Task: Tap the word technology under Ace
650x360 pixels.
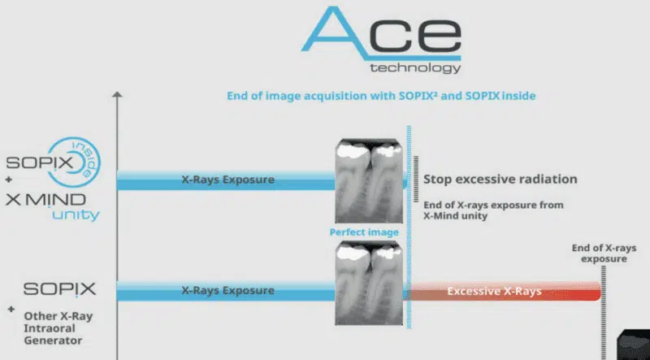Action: click(415, 67)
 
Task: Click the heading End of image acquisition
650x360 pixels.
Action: click(381, 96)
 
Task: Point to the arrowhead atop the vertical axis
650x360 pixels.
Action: click(117, 94)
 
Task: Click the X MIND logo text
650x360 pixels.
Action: click(45, 200)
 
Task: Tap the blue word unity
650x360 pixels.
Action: click(76, 215)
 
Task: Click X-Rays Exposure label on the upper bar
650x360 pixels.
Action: click(228, 180)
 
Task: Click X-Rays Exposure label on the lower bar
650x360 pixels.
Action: click(228, 290)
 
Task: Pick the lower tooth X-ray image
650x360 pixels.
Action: click(369, 284)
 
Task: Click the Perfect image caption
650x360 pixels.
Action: click(364, 232)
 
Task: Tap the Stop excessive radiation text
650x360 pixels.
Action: click(500, 179)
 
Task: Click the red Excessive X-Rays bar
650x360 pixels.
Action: click(505, 291)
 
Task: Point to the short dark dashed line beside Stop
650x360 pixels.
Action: click(416, 179)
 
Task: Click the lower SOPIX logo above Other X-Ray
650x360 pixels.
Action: click(59, 289)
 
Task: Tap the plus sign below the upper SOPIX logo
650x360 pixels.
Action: click(9, 180)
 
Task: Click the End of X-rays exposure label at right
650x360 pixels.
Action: click(604, 254)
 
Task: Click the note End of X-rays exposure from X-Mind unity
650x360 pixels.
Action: click(493, 210)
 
